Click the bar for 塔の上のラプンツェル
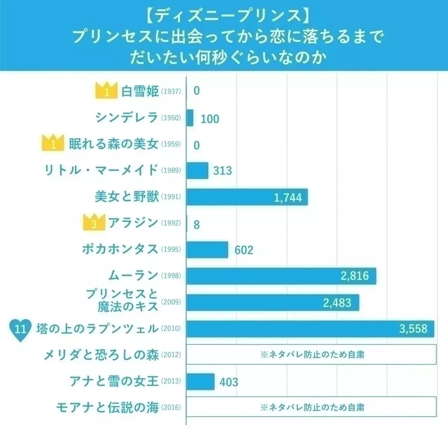point(310,329)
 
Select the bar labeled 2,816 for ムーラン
point(281,276)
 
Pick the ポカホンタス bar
point(207,249)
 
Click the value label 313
point(223,171)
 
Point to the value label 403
point(229,382)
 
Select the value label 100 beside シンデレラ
point(210,119)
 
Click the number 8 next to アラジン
point(197,225)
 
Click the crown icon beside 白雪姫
point(106,91)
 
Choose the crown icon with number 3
point(94,223)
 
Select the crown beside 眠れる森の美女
point(53,143)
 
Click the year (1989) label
point(171,170)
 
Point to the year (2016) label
point(171,407)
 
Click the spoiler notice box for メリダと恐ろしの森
point(311,354)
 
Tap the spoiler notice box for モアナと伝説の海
point(311,407)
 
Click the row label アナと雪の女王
point(114,381)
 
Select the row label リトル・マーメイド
point(101,170)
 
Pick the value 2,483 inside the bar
point(337,302)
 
